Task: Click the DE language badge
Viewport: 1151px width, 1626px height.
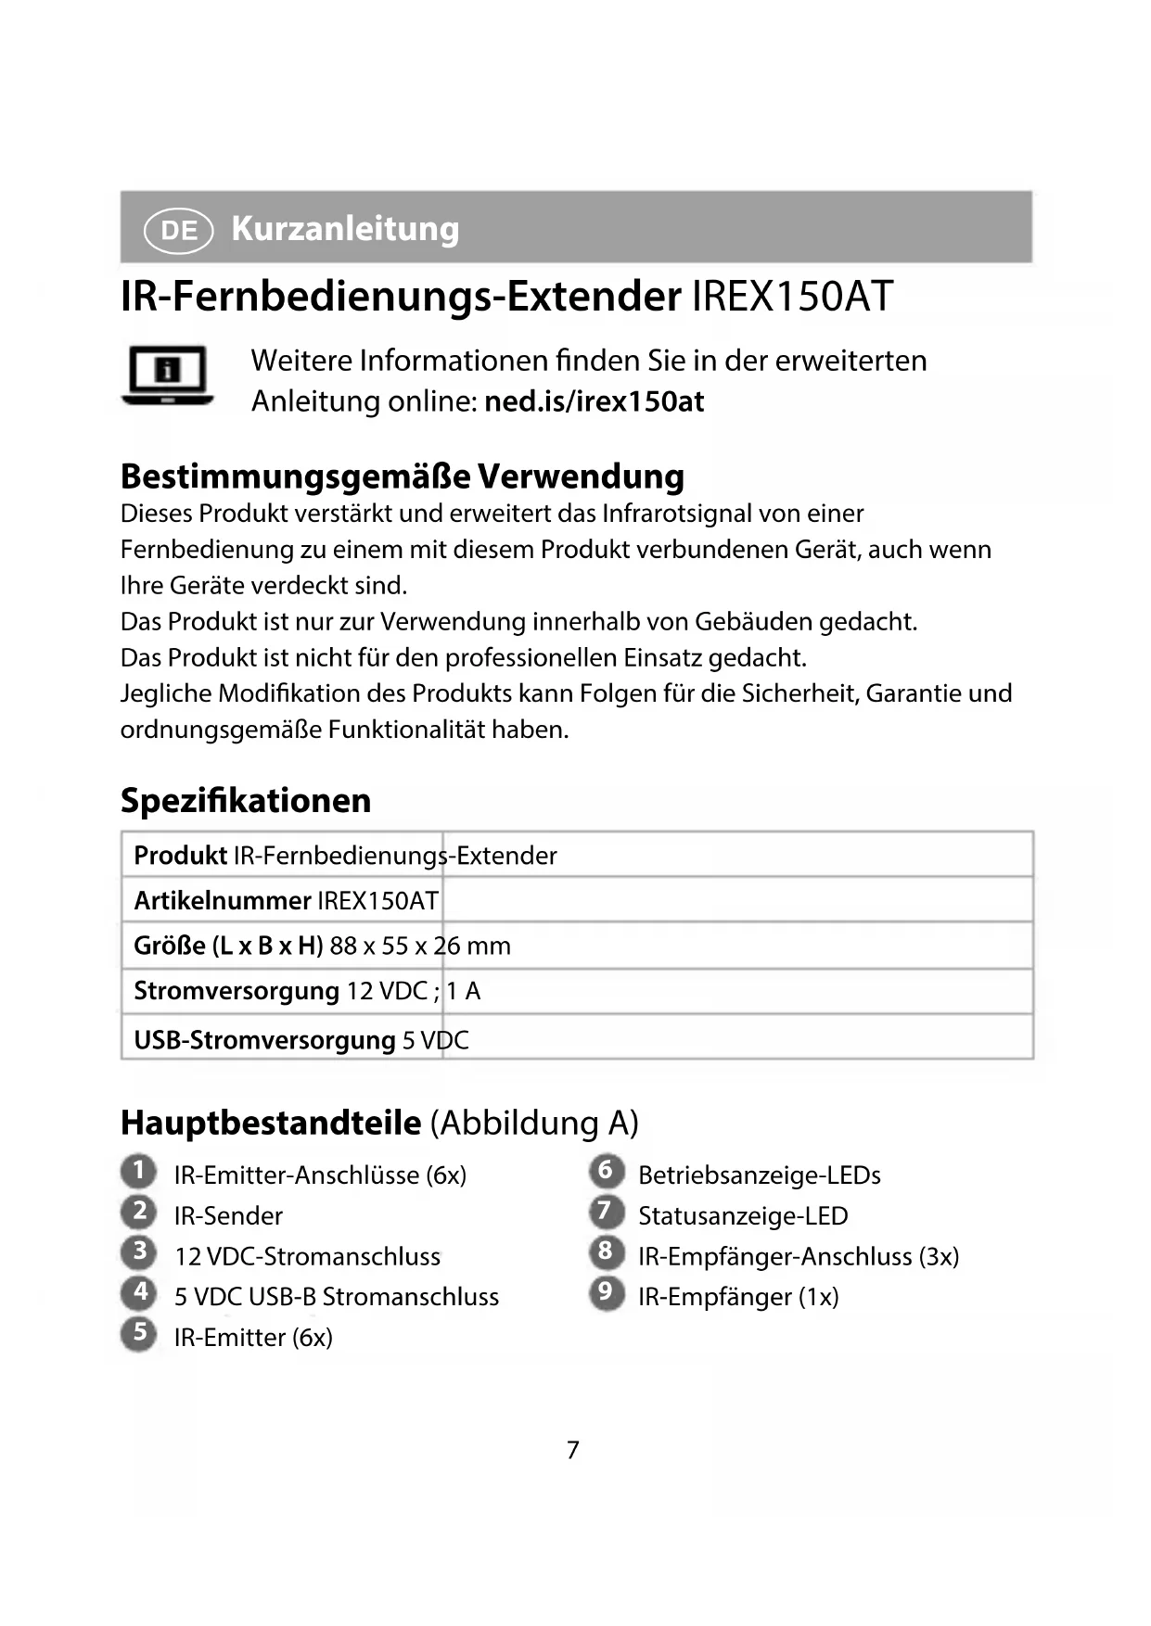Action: coord(179,229)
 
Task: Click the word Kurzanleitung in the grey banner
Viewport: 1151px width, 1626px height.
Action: coord(345,228)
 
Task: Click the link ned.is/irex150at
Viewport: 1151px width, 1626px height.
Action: coord(594,401)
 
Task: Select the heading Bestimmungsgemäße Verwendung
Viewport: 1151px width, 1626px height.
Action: coord(403,476)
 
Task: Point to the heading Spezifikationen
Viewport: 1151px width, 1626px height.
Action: coord(246,800)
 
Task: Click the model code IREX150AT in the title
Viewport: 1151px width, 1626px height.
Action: coord(792,297)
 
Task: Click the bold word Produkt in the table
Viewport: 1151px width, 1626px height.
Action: coord(180,855)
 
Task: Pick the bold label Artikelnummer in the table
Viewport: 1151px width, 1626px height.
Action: coord(222,900)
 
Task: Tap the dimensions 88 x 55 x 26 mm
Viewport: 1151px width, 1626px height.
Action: coord(420,946)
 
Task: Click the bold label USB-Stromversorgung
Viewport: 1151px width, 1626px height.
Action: coord(264,1040)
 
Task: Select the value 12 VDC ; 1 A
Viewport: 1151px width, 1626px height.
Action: coord(413,991)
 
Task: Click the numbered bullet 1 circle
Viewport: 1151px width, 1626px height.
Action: coord(139,1171)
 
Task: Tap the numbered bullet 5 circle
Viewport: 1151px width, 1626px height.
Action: coord(139,1333)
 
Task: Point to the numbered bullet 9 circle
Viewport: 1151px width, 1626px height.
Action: coord(605,1292)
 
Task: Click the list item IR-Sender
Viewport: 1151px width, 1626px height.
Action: coord(228,1215)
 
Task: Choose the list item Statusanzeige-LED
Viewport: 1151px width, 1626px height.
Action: coord(743,1215)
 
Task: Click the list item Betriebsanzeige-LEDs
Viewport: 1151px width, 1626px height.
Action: coord(760,1175)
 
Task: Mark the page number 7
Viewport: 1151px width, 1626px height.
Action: coord(573,1450)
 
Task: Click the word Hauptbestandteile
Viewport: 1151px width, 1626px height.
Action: coord(271,1123)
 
